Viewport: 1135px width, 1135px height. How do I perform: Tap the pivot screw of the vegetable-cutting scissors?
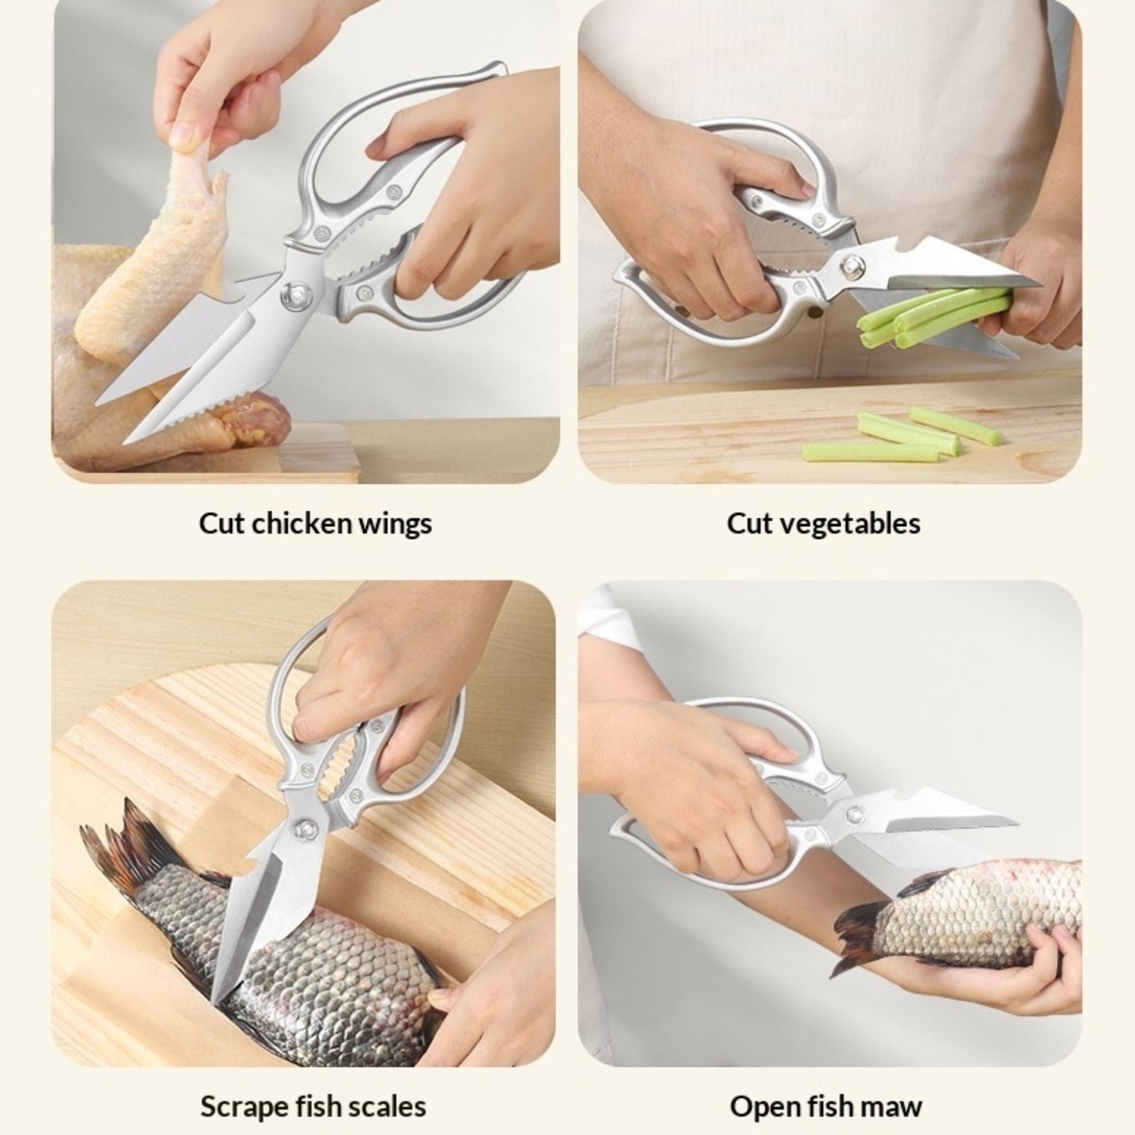(x=851, y=265)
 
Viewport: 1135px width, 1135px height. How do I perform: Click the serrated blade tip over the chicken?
(x=125, y=443)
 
